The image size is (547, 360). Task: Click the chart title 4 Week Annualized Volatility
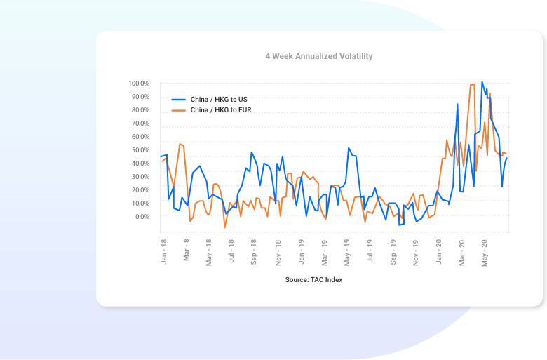click(318, 56)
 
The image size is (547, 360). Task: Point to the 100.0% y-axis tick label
click(139, 84)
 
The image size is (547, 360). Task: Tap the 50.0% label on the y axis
click(140, 150)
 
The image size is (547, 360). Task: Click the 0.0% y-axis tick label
click(142, 217)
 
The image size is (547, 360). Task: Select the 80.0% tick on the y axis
click(140, 110)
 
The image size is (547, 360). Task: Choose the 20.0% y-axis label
click(140, 190)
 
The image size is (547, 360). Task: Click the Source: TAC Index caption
click(313, 280)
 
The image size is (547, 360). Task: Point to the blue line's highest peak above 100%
click(482, 81)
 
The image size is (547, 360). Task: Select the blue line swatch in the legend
click(178, 100)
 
